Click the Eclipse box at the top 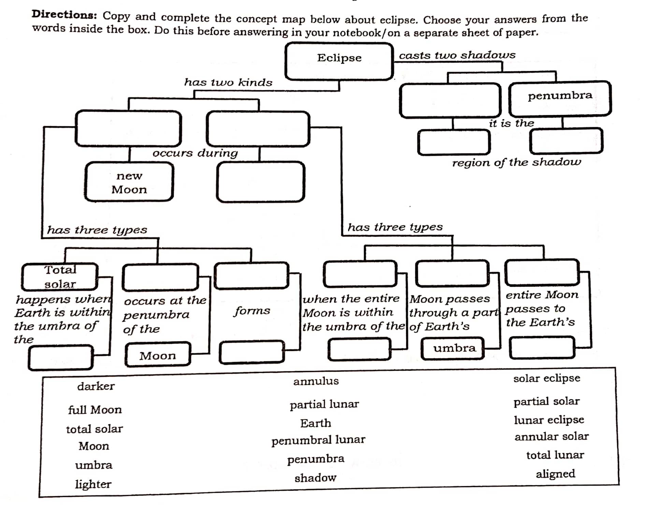coord(339,61)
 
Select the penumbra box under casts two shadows coord(560,99)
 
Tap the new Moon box coord(129,182)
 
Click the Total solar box coord(60,277)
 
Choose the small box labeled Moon coord(158,355)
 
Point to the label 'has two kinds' coord(228,82)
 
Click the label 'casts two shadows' coord(457,55)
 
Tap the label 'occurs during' coord(195,153)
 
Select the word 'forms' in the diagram coord(252,311)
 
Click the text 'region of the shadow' coord(516,162)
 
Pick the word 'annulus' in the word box coord(316,381)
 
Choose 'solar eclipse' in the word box coord(547,378)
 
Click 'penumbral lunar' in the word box coord(318,440)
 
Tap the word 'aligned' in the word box coord(555,474)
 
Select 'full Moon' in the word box coord(95,410)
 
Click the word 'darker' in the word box coord(96,386)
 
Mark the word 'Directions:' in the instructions coord(64,15)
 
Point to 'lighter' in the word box coord(93,484)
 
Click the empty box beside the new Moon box coord(260,182)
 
